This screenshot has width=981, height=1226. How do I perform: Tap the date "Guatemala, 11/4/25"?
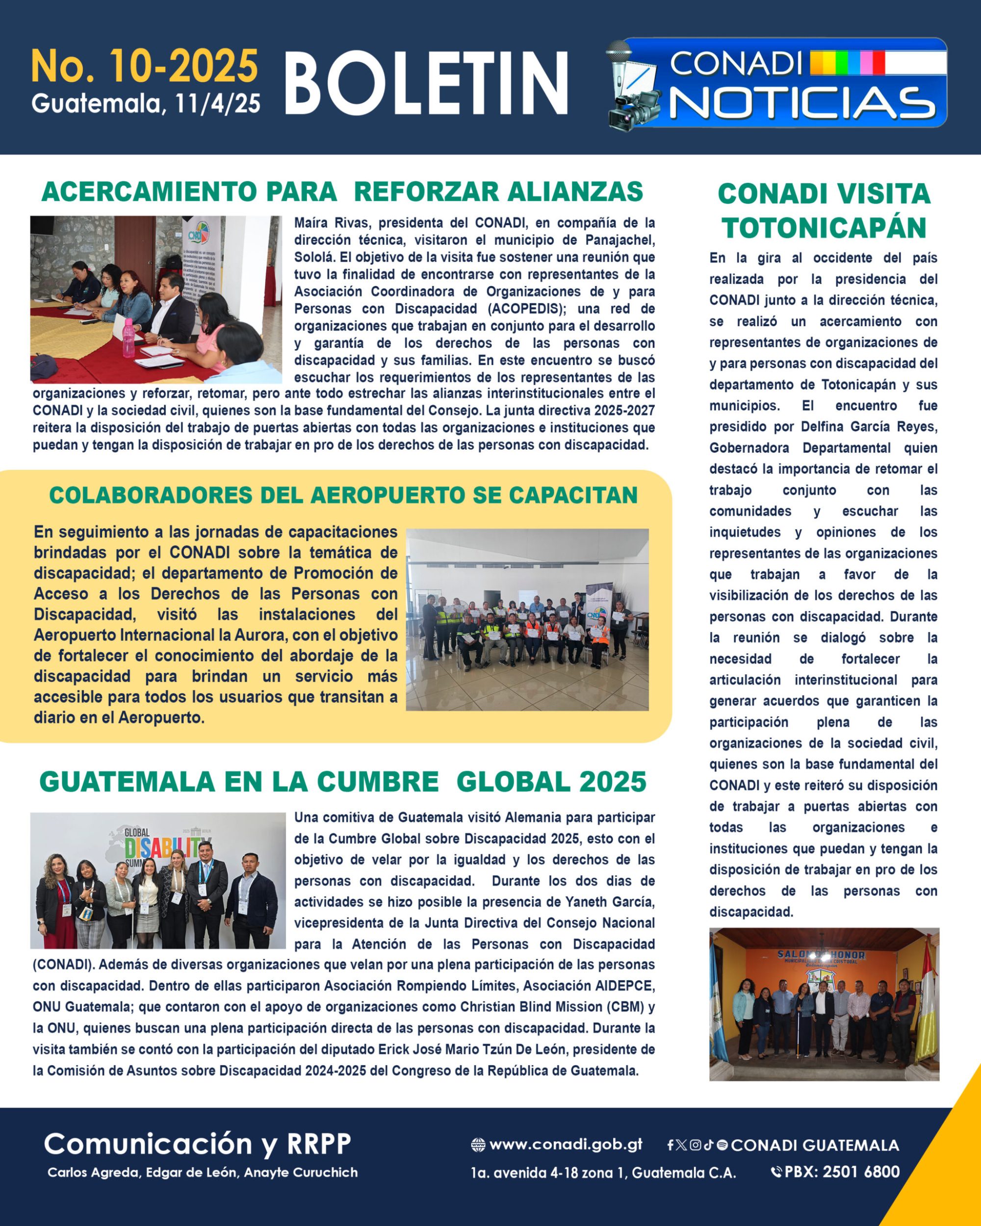(x=146, y=103)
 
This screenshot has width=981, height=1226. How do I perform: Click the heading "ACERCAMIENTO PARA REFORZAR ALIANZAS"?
(x=342, y=192)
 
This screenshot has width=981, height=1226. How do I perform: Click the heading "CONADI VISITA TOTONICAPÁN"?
(x=824, y=210)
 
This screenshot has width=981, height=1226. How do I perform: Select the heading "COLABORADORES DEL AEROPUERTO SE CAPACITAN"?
(x=343, y=495)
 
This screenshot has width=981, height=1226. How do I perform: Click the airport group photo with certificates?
(x=527, y=619)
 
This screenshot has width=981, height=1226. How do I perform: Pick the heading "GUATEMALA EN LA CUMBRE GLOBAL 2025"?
(x=342, y=782)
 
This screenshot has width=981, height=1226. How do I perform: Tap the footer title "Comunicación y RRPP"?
(x=197, y=1144)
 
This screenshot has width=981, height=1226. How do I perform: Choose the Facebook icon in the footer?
(x=671, y=1145)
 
